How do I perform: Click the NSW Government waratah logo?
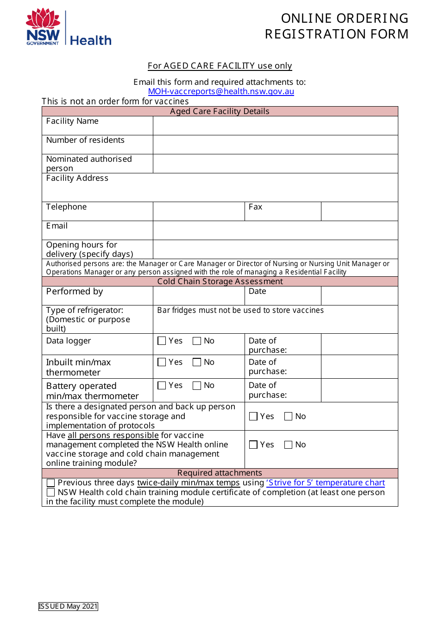point(43,27)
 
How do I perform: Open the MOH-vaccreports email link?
point(221,91)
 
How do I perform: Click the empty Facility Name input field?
point(275,126)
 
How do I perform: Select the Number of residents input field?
point(275,145)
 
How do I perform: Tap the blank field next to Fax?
point(359,211)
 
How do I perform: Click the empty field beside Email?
point(275,230)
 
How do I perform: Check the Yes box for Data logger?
point(162,341)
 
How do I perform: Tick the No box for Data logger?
point(197,341)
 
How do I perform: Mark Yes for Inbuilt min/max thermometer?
point(162,362)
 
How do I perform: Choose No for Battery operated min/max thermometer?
point(197,385)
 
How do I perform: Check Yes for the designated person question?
point(253,416)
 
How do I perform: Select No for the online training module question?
point(289,445)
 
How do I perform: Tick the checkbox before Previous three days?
point(51,483)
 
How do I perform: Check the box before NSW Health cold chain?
point(51,492)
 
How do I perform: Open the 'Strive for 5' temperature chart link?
point(325,483)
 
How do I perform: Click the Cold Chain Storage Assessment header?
point(220,281)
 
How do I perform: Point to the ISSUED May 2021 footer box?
point(68,606)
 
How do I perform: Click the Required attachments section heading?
point(220,473)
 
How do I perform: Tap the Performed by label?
point(75,292)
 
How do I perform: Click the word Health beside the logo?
point(91,40)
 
